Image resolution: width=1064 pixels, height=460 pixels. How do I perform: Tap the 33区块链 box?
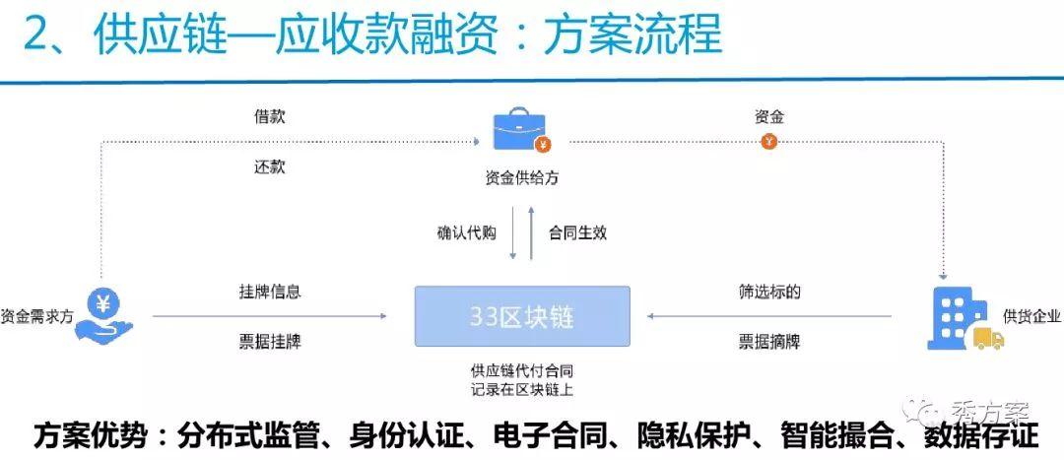pos(522,316)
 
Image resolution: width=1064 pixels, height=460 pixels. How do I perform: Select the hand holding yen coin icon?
pos(103,314)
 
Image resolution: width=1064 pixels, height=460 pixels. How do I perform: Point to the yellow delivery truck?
pos(989,338)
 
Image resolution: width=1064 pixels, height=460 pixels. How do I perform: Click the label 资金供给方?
pos(522,178)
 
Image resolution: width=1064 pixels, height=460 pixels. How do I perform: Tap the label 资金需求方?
pos(36,316)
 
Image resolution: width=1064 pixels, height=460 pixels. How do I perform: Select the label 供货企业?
pos(1032,317)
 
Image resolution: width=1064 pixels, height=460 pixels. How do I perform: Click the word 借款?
pos(269,116)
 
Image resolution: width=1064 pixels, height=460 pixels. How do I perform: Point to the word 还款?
pos(269,166)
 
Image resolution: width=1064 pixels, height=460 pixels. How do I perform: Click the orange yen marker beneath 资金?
pos(768,142)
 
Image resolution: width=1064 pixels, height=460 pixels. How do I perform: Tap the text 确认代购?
pos(466,233)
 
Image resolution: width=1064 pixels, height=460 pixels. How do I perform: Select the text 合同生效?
pos(577,233)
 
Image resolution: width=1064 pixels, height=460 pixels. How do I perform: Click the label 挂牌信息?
pos(270,293)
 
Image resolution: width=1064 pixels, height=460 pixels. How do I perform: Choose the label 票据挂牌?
pos(270,342)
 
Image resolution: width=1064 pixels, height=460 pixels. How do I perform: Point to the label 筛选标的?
pos(769,293)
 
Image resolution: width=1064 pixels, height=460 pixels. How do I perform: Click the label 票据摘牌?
pos(769,342)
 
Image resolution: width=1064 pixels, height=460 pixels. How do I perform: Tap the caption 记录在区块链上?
pos(522,390)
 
